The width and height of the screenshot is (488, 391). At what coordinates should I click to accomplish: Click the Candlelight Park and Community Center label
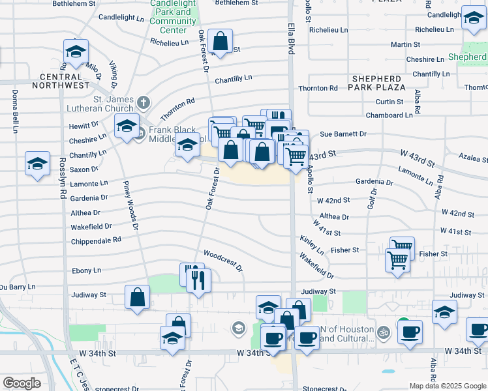[x=173, y=16]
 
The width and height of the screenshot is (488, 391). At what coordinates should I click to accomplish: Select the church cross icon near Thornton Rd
[x=143, y=102]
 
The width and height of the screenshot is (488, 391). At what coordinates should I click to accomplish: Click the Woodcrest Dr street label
[x=223, y=260]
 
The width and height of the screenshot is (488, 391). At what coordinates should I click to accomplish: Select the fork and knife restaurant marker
[x=197, y=280]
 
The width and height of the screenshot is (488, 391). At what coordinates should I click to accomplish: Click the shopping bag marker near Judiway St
[x=138, y=298]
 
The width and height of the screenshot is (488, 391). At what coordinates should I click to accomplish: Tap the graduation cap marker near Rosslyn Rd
[x=37, y=164]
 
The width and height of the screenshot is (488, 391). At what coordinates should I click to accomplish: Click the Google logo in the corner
[x=22, y=383]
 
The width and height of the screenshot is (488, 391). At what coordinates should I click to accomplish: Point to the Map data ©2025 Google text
[x=448, y=386]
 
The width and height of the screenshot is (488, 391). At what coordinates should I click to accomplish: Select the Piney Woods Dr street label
[x=130, y=204]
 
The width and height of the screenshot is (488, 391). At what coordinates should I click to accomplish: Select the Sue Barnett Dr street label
[x=343, y=134]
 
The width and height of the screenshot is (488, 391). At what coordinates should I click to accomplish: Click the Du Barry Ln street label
[x=18, y=286]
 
